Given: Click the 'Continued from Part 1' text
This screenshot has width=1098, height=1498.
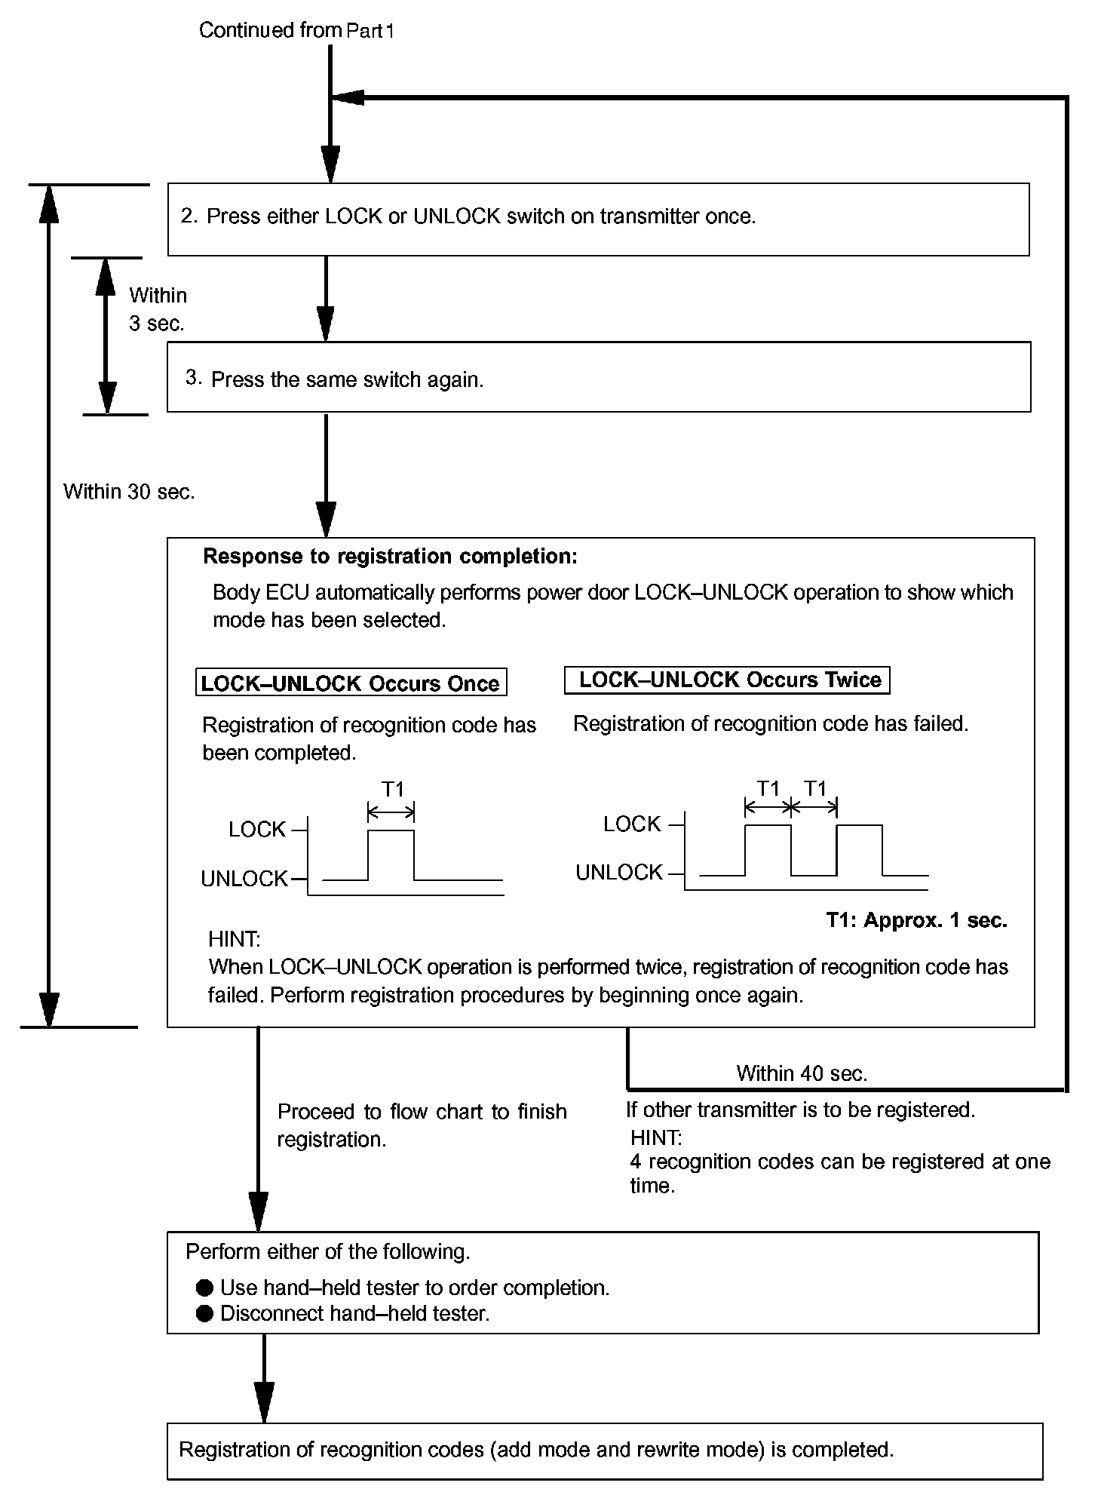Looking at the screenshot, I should [x=296, y=31].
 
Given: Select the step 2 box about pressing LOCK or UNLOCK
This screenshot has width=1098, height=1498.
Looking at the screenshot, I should [x=598, y=219].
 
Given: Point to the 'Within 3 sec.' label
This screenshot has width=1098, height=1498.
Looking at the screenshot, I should [x=157, y=309].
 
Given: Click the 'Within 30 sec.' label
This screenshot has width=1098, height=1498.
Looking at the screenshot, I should [x=129, y=492].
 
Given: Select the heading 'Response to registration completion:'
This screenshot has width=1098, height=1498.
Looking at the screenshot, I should [x=390, y=557].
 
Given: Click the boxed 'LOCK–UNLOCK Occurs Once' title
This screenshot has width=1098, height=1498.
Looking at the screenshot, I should [x=351, y=683].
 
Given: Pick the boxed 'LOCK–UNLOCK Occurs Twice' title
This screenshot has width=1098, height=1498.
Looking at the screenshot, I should [x=728, y=680].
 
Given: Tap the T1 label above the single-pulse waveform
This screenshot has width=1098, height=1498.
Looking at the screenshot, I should [x=392, y=789].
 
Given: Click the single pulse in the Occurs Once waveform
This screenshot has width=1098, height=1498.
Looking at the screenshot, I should [x=391, y=852].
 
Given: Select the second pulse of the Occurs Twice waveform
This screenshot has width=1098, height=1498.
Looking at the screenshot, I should [x=859, y=849].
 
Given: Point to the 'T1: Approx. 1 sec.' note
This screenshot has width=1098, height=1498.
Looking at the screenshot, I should [x=916, y=920].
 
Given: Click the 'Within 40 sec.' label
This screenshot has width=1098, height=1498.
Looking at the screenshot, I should [x=801, y=1073].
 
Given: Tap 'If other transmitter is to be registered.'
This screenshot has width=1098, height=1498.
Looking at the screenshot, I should [x=800, y=1110].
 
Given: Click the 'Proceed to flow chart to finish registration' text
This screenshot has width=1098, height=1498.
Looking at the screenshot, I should [x=422, y=1125].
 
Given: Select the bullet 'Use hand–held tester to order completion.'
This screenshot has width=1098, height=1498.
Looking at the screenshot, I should [x=414, y=1288].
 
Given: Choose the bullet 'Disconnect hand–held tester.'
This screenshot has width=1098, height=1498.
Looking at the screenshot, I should [x=354, y=1313].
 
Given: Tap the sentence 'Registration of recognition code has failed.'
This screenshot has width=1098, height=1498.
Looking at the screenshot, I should [x=770, y=724].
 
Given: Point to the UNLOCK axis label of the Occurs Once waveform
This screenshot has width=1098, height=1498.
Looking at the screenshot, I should [x=244, y=879].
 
